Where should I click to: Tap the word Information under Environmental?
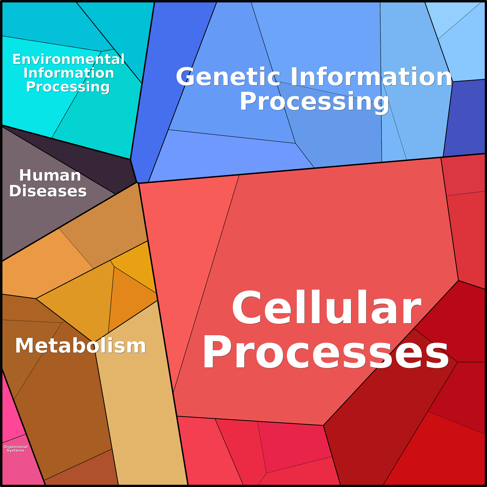(x=69, y=73)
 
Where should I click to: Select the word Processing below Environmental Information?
(x=68, y=87)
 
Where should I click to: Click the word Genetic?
(x=228, y=77)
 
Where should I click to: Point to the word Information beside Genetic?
(x=371, y=77)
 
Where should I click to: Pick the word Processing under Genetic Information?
(x=314, y=102)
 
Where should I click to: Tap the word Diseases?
(x=48, y=191)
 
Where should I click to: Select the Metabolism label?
(x=80, y=346)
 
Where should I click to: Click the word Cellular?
(x=327, y=307)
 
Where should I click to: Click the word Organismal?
(x=16, y=447)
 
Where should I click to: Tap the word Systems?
(x=16, y=451)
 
